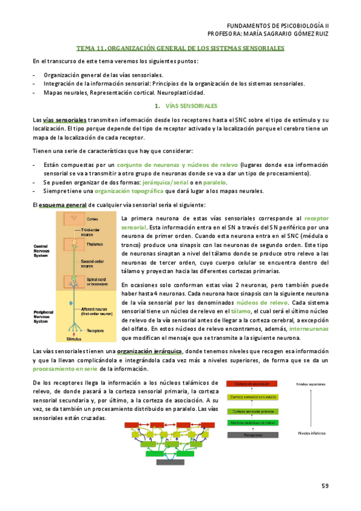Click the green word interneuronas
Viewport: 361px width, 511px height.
(x=309, y=330)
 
